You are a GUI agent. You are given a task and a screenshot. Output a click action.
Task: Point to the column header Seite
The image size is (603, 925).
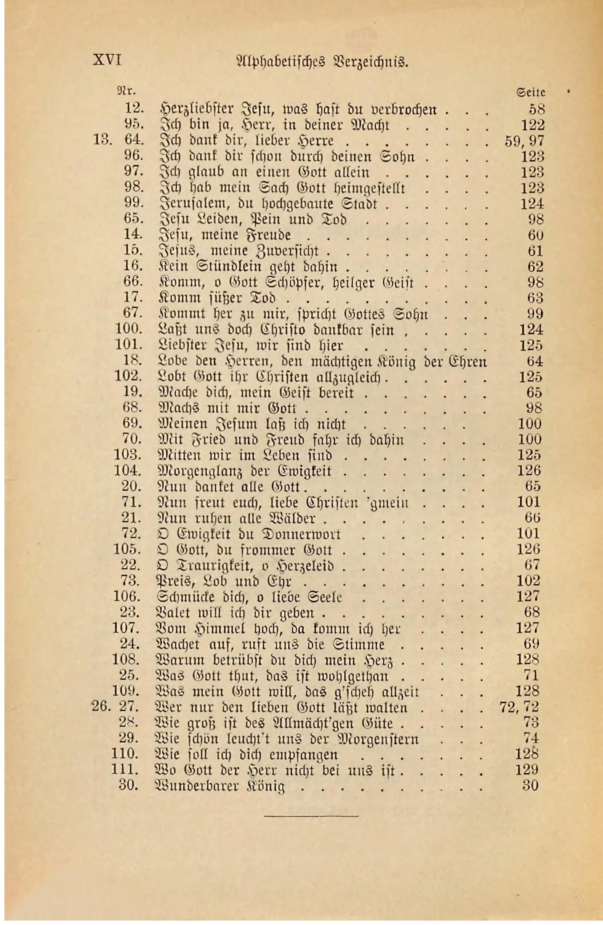click(x=531, y=92)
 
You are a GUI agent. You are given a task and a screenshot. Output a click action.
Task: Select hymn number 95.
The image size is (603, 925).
click(x=134, y=125)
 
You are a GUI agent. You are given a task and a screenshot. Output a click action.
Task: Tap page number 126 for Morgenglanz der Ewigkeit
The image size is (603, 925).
click(x=529, y=471)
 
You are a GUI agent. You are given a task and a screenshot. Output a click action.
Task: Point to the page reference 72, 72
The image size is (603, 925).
click(x=519, y=707)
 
